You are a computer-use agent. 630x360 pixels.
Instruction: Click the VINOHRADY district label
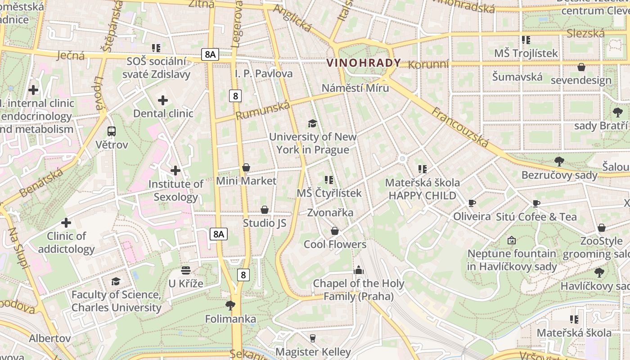(x=364, y=63)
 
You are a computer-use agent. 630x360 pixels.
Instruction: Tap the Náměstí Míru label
(x=355, y=88)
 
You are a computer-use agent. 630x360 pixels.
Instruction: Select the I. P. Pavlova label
(x=264, y=73)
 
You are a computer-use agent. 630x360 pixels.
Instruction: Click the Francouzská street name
(x=460, y=127)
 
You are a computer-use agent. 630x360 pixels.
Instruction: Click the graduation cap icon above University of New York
(x=312, y=123)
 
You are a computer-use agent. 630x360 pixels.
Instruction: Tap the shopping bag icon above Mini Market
(x=246, y=167)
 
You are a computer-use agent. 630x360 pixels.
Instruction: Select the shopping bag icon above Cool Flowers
(x=335, y=231)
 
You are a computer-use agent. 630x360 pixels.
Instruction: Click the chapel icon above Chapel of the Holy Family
(x=359, y=270)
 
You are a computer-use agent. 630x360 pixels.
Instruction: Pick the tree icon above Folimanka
(x=230, y=306)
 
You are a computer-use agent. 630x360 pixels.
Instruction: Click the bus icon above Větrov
(x=112, y=131)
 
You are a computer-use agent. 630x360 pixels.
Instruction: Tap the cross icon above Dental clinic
(x=163, y=100)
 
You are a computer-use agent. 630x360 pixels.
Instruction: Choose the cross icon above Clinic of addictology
(x=66, y=223)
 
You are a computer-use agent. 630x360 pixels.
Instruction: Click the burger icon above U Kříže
(x=186, y=270)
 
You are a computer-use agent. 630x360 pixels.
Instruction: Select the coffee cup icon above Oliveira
(x=472, y=203)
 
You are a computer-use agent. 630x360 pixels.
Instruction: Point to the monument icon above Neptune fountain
(x=512, y=240)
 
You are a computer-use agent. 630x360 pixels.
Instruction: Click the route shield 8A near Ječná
(x=210, y=55)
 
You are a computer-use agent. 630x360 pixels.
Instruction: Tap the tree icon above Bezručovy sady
(x=559, y=161)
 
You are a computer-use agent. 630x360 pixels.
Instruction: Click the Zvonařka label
(x=330, y=212)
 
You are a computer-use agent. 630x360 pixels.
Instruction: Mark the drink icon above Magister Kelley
(x=313, y=338)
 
